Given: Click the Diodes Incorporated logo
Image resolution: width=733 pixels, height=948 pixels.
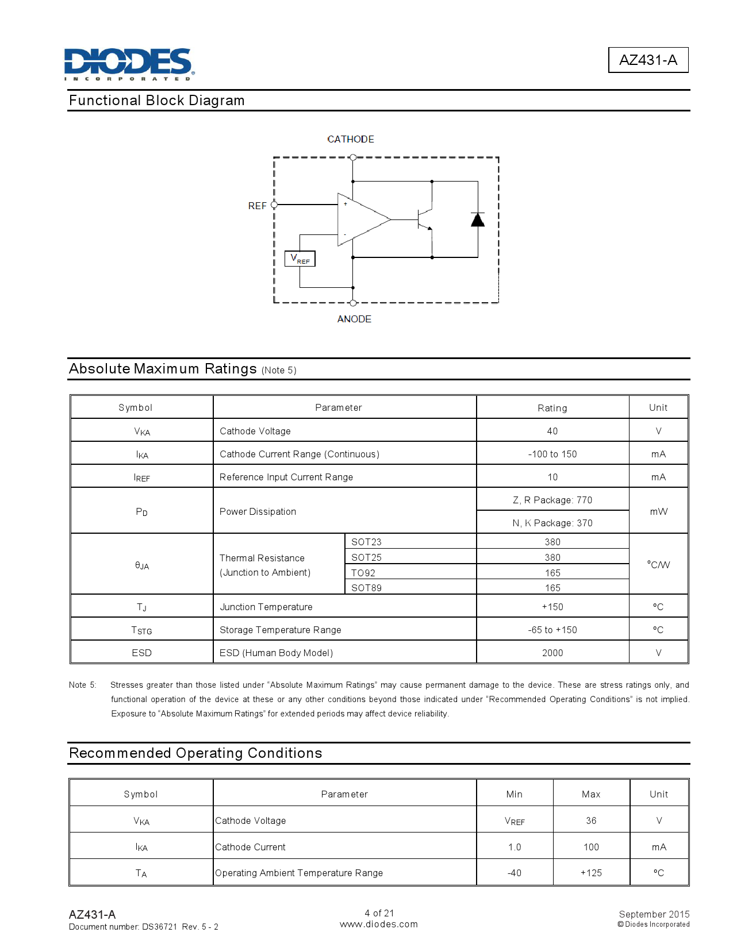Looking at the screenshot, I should (x=129, y=64).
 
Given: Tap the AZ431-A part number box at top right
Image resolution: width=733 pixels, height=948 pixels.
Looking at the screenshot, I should (x=648, y=60).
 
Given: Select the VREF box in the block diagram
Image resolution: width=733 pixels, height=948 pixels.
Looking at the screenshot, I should (x=300, y=259).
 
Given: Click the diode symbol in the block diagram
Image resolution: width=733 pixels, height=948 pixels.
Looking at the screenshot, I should (x=478, y=219).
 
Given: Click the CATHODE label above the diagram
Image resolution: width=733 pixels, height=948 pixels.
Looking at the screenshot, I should (x=351, y=139).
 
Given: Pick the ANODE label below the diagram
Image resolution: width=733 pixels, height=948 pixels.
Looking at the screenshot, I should (x=354, y=319).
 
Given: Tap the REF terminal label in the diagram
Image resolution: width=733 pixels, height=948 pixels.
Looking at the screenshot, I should (x=257, y=206).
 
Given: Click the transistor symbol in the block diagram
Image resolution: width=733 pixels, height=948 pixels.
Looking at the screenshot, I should (x=425, y=219).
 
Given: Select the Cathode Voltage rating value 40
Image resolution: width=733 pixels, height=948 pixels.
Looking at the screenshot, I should (x=552, y=431).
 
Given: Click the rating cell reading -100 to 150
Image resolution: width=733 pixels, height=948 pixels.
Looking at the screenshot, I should (x=552, y=454).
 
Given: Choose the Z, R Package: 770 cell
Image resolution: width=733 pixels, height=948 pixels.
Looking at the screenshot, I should (x=552, y=500).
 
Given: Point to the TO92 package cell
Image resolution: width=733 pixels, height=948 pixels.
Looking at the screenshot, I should (x=363, y=573).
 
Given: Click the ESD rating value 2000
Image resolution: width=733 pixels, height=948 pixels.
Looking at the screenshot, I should (x=552, y=653).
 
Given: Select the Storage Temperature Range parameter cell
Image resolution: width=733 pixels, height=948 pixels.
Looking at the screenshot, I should (x=281, y=630).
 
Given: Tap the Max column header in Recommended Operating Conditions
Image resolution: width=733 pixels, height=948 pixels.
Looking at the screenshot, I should (x=591, y=794).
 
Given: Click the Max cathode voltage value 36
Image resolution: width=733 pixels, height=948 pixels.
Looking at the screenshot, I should (x=591, y=820).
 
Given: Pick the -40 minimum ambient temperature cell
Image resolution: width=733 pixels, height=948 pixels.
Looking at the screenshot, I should (x=515, y=873).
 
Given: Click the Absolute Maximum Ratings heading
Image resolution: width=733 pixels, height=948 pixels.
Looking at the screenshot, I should (x=163, y=369).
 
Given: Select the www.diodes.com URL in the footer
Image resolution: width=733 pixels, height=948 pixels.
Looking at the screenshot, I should (x=379, y=924).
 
